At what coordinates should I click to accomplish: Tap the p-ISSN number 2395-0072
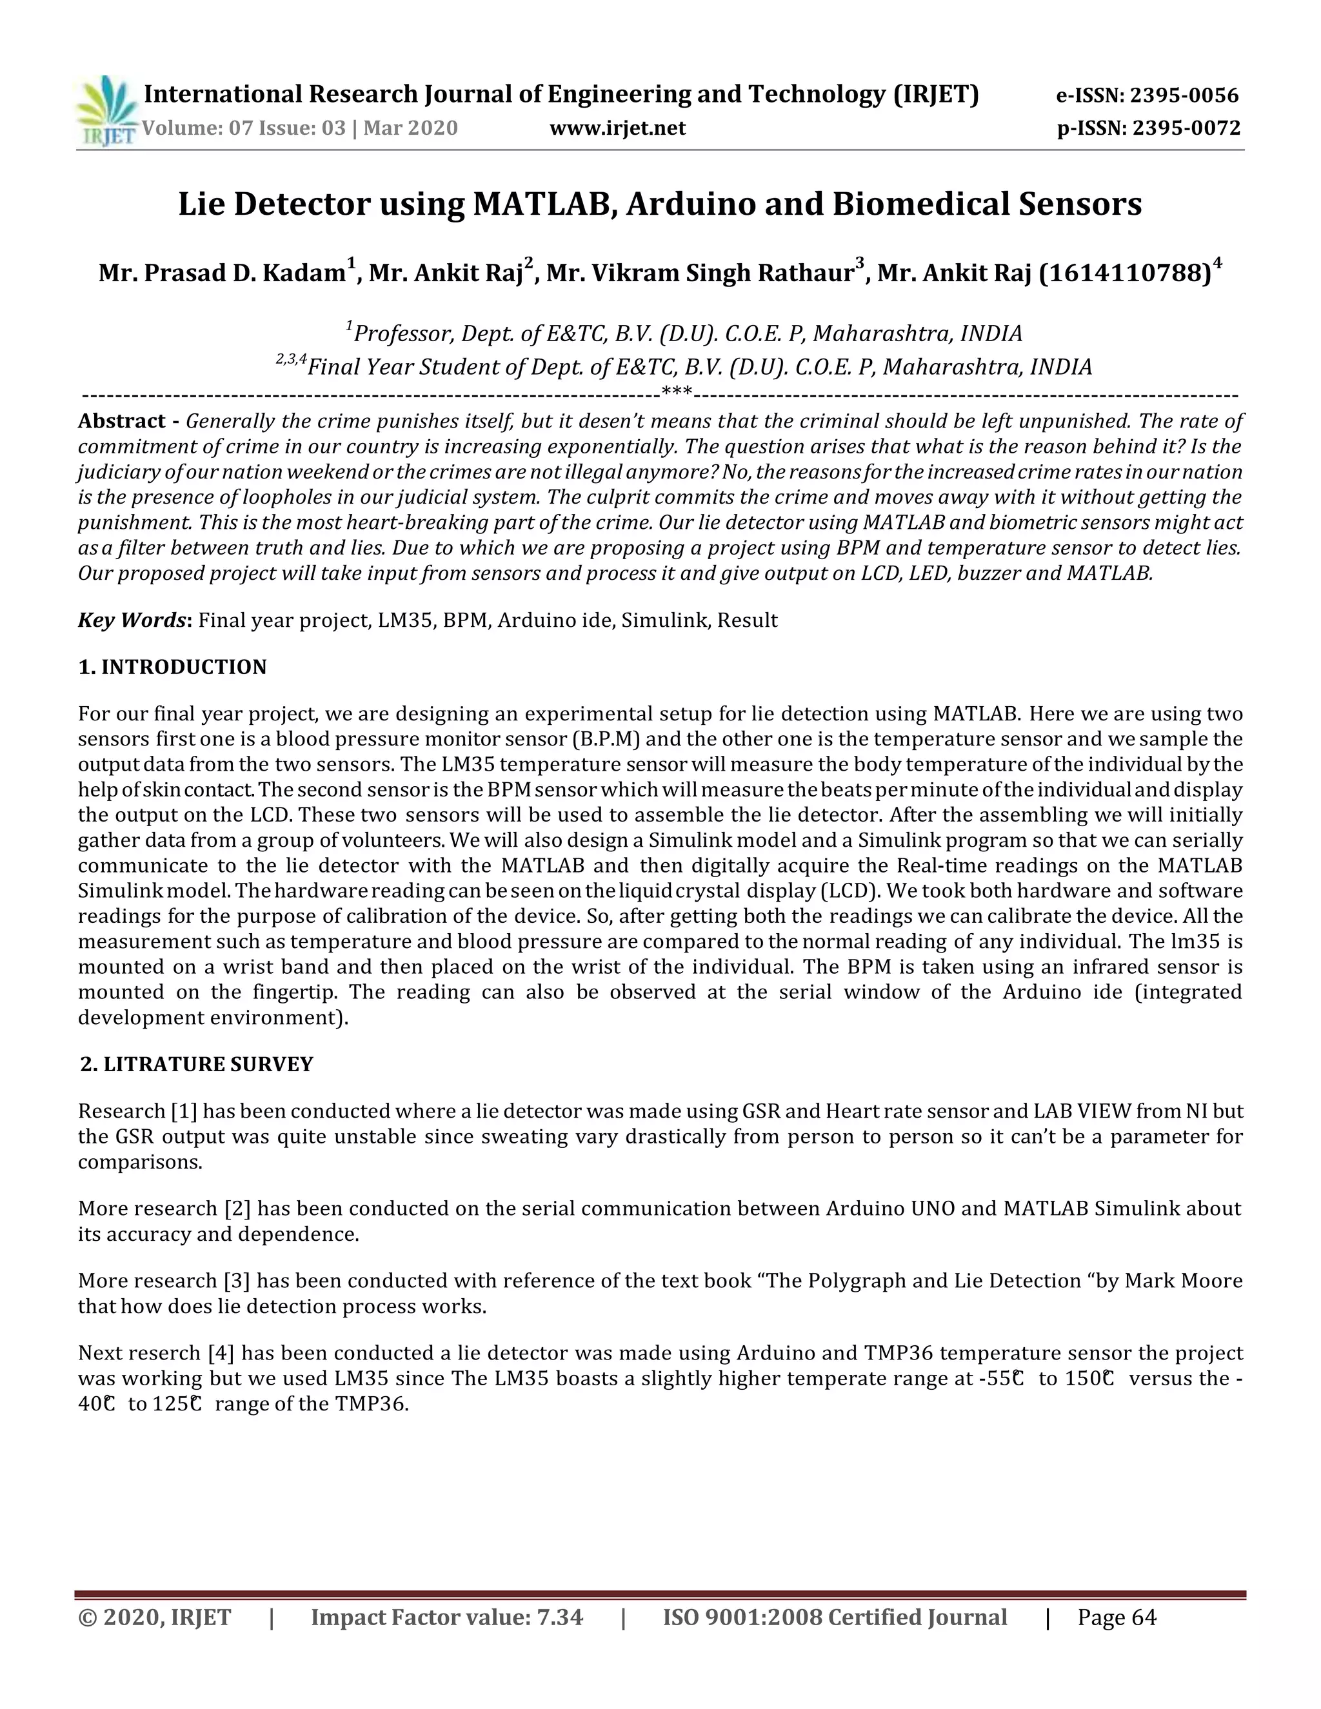point(1186,128)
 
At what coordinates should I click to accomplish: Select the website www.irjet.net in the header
point(617,128)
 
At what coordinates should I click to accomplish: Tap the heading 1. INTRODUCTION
point(172,667)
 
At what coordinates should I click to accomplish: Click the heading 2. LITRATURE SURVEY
point(197,1064)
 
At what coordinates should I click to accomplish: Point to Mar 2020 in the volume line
point(410,128)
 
